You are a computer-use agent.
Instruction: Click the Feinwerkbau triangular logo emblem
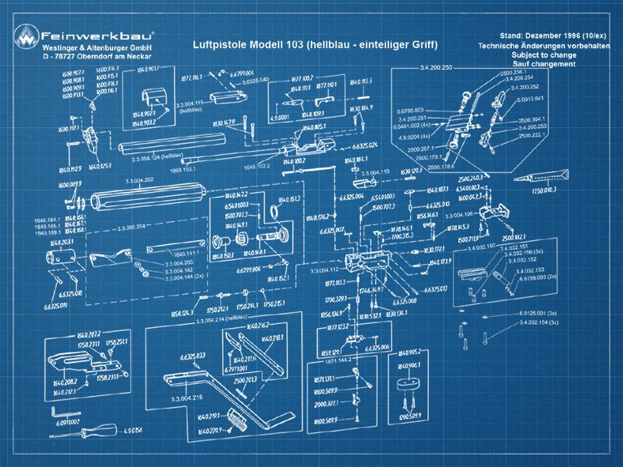[27, 39]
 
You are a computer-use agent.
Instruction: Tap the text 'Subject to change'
[543, 54]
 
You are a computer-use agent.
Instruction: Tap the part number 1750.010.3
[545, 189]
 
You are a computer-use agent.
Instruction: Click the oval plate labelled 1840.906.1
[409, 385]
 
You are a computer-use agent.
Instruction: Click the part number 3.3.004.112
[324, 269]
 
